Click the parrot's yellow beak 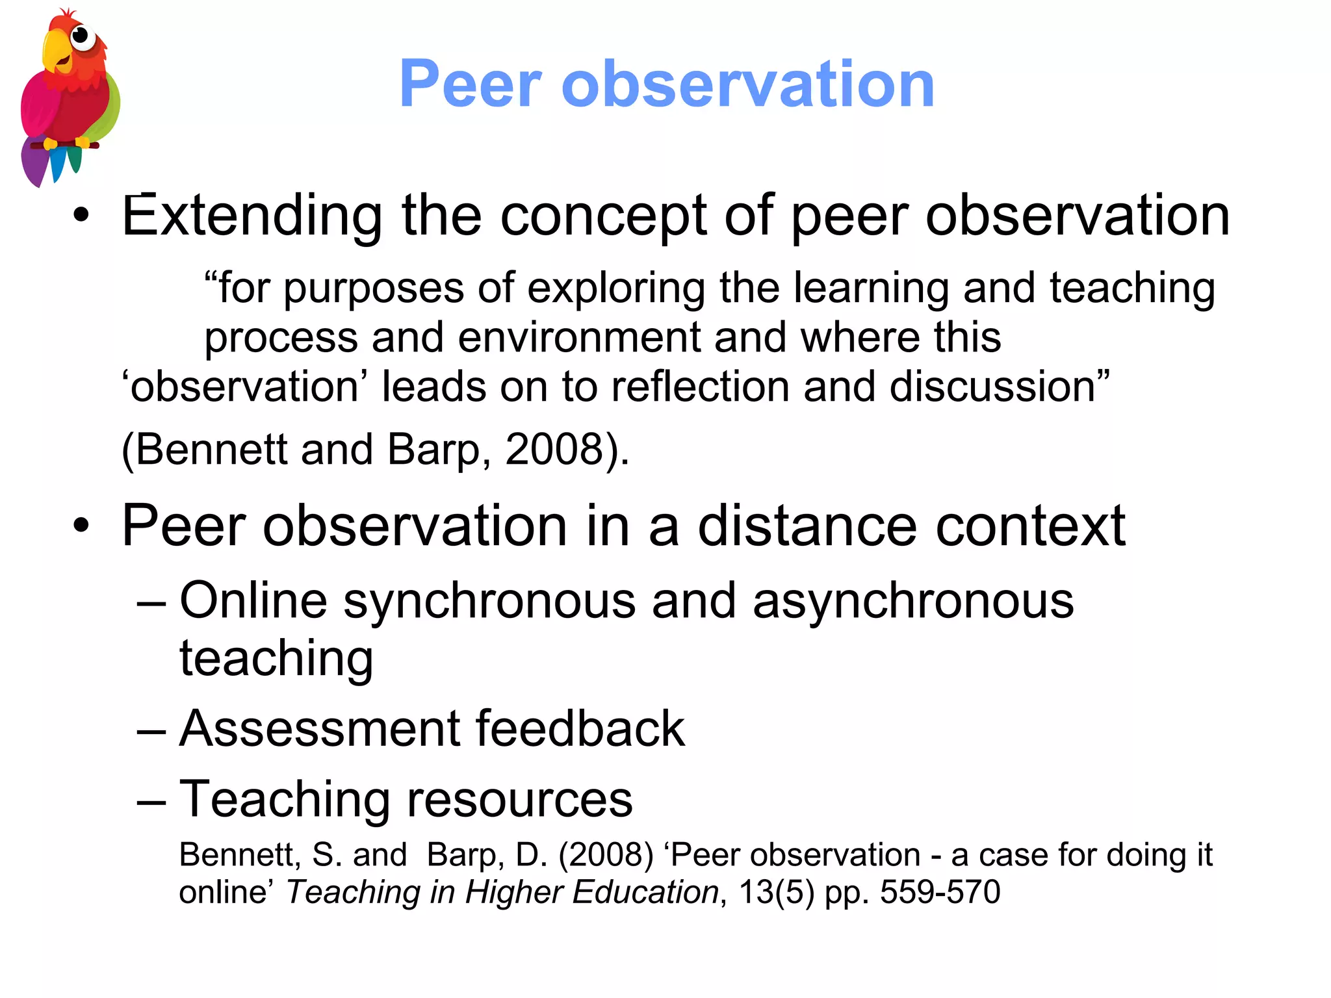pyautogui.click(x=55, y=49)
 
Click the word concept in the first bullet pyautogui.click(x=604, y=216)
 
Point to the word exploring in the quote pyautogui.click(x=616, y=288)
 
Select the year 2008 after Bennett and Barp pyautogui.click(x=554, y=450)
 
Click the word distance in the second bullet pyautogui.click(x=808, y=526)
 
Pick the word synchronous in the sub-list pyautogui.click(x=489, y=602)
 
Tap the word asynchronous pyautogui.click(x=913, y=602)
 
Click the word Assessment pyautogui.click(x=319, y=728)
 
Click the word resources pyautogui.click(x=520, y=800)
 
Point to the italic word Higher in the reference pyautogui.click(x=514, y=892)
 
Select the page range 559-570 pyautogui.click(x=940, y=892)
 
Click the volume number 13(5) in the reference pyautogui.click(x=776, y=892)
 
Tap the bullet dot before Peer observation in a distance pyautogui.click(x=81, y=525)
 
